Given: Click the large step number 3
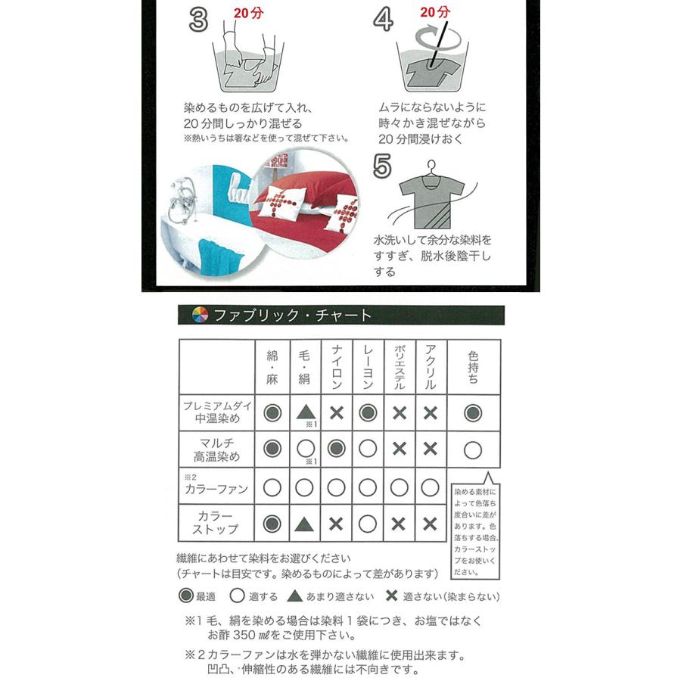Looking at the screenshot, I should pos(198,20).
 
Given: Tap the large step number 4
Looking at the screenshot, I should pos(384,20).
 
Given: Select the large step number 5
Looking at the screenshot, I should pos(384,166).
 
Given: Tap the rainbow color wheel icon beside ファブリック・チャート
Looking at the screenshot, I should pos(198,315).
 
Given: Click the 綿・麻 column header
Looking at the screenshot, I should pos(272,367).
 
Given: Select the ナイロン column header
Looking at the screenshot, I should pos(336,367).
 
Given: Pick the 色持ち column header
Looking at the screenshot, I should pos(474,367).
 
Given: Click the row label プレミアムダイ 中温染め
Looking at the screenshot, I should pos(216,412).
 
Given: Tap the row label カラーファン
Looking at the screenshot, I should pos(216,489).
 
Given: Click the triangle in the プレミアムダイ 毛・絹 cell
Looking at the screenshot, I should pos(304,412).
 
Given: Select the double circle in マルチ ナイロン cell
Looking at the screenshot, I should pos(336,449).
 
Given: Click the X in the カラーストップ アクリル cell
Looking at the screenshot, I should pos(430,524).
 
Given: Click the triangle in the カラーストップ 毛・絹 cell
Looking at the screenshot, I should pos(304,524).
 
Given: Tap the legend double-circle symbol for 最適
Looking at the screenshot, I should pos(185,595).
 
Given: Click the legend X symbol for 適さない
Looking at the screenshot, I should pos(391,595).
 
